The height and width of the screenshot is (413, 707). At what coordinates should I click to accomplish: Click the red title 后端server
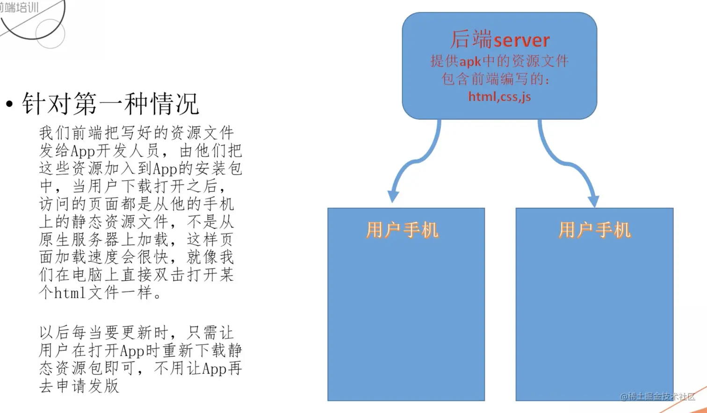(x=499, y=39)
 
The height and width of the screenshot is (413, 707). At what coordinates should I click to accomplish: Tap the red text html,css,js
(x=499, y=97)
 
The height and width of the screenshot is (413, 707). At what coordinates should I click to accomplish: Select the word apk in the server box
(x=470, y=62)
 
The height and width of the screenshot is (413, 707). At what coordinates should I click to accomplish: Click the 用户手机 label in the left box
(x=402, y=230)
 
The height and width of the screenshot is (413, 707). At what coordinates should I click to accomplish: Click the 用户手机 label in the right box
(x=595, y=230)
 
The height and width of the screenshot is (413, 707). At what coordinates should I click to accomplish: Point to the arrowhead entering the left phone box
(x=393, y=196)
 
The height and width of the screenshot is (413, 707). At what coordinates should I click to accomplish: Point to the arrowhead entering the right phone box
(x=593, y=201)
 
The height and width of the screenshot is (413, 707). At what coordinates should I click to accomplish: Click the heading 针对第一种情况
(x=110, y=104)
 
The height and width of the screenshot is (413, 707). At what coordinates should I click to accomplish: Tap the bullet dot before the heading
(x=9, y=104)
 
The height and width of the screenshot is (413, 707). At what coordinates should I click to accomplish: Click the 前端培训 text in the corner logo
(x=20, y=7)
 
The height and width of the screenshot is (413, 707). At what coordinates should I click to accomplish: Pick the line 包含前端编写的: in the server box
(x=496, y=79)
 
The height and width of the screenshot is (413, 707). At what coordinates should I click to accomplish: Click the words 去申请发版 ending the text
(x=79, y=386)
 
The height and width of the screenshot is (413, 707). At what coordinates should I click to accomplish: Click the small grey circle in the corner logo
(x=50, y=34)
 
